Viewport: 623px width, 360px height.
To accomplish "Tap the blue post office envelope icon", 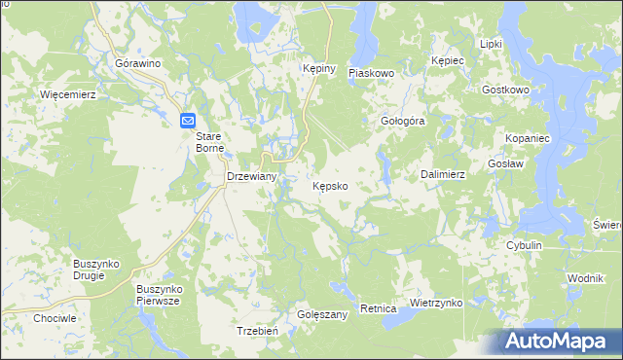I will click(x=189, y=120).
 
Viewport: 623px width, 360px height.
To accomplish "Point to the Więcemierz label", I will click(x=66, y=94).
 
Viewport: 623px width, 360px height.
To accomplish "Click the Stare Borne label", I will click(x=210, y=142).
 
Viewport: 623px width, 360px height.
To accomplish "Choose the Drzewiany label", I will click(x=252, y=177).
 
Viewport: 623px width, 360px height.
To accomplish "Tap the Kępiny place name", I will click(x=318, y=69).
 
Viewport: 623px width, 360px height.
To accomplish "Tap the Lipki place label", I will click(x=491, y=45).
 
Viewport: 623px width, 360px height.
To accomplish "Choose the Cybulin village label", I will click(x=523, y=246).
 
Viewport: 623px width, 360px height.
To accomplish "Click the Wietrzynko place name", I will click(x=435, y=303).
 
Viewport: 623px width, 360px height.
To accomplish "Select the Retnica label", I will click(x=378, y=308).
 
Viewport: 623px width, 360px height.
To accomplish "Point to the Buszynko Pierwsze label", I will click(x=161, y=295).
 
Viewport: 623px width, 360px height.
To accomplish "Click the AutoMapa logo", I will click(x=559, y=342).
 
